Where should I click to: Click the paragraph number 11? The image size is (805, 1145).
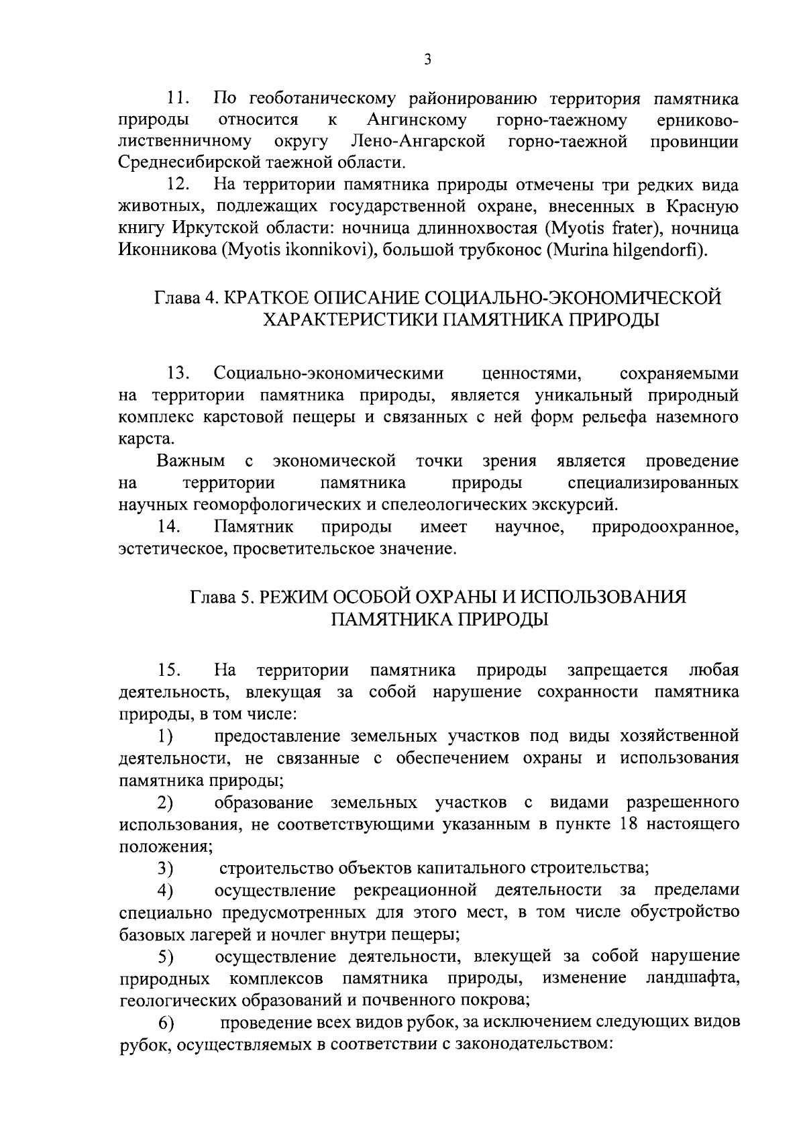click(178, 99)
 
